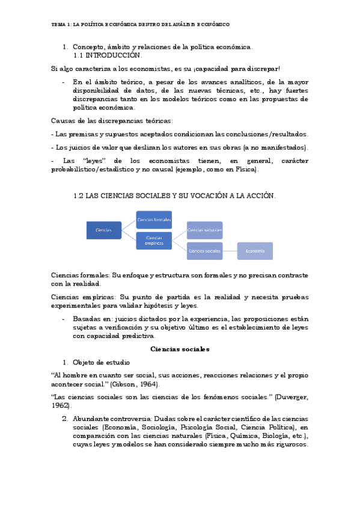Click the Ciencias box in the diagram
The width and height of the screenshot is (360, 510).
[104, 230]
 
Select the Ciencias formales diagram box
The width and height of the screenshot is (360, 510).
[154, 220]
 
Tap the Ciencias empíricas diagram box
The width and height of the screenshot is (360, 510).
[154, 241]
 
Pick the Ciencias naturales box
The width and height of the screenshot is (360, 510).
[204, 230]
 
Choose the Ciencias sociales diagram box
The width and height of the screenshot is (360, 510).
[204, 251]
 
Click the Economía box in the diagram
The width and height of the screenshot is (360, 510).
[255, 251]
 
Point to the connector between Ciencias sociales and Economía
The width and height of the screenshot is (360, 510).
[230, 251]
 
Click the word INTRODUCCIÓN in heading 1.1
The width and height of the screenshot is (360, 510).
[119, 55]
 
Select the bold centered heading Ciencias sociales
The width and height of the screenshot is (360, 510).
[180, 349]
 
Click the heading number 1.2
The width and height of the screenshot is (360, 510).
[78, 196]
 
